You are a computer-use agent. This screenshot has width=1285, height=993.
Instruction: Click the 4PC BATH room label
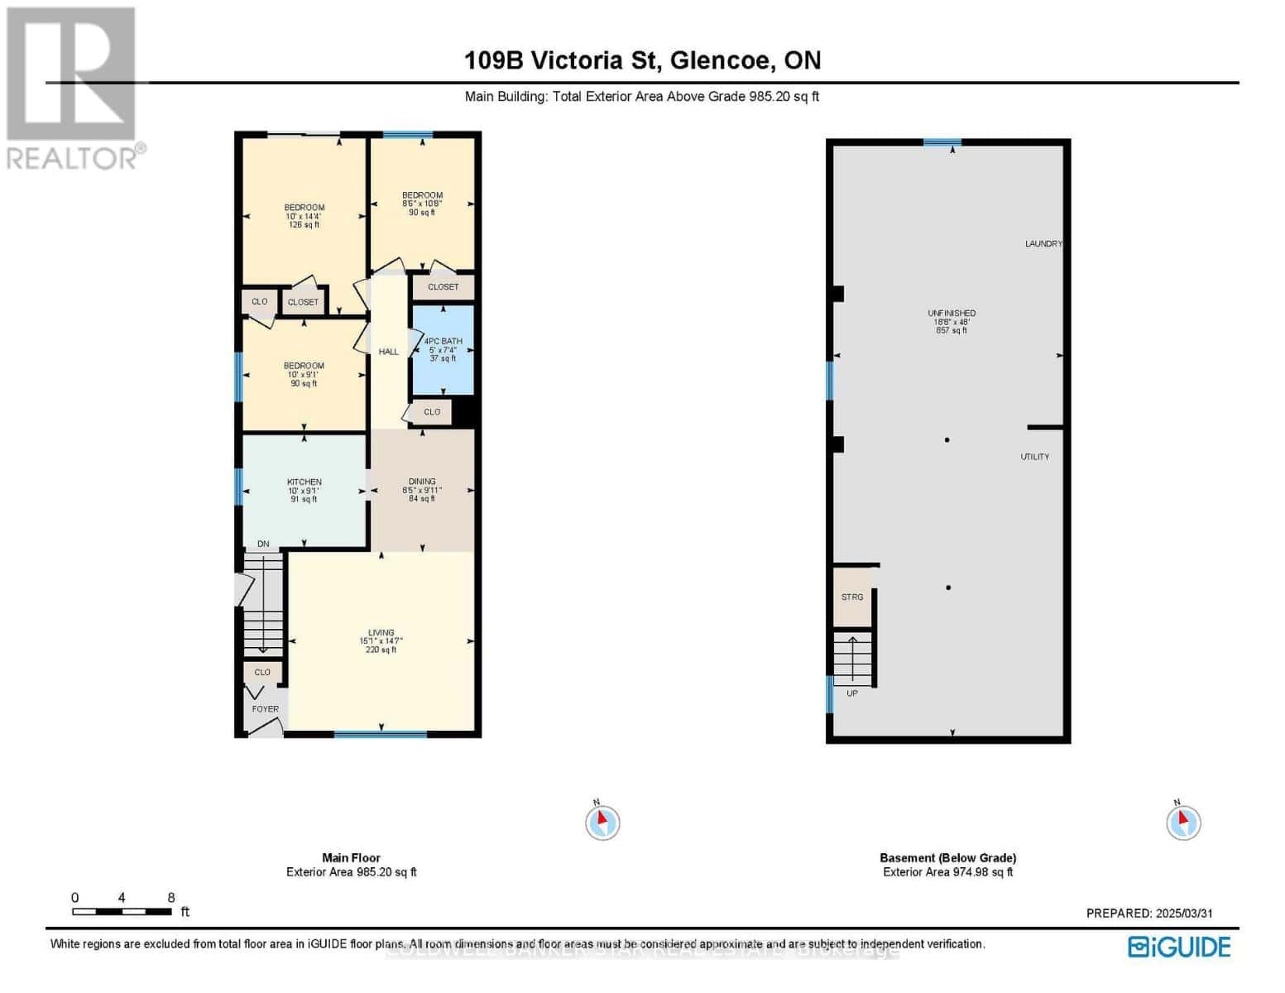click(443, 342)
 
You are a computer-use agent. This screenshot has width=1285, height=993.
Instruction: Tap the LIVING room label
click(381, 633)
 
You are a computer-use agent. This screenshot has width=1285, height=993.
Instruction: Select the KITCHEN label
click(304, 482)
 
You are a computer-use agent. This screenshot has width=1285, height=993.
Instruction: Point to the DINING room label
click(421, 482)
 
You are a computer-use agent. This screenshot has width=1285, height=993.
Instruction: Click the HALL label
click(388, 352)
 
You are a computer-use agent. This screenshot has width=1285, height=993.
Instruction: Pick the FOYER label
click(265, 709)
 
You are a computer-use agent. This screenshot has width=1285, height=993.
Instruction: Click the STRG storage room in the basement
click(851, 597)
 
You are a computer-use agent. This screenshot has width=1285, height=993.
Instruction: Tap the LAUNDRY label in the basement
click(1043, 244)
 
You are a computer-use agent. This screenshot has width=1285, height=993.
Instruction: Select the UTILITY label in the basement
click(1034, 457)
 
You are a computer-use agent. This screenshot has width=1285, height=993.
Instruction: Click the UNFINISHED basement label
click(951, 314)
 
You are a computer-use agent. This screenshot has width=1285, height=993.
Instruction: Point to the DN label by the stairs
click(263, 544)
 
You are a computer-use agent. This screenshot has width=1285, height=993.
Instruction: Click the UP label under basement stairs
click(851, 693)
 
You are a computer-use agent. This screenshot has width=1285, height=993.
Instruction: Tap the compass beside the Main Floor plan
click(602, 823)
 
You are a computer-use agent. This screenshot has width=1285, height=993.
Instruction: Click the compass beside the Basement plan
click(1183, 823)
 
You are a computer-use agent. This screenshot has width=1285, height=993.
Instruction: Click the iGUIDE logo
click(1179, 947)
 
